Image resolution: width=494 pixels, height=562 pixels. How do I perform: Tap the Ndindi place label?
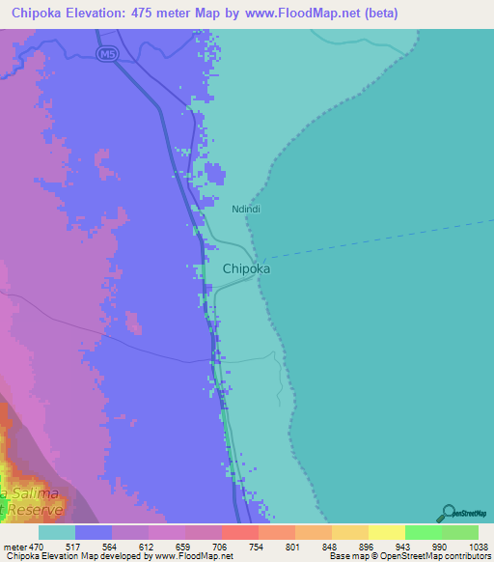point(246,208)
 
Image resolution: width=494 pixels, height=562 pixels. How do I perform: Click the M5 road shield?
point(105,54)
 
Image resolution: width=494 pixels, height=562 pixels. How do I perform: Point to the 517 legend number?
point(74,546)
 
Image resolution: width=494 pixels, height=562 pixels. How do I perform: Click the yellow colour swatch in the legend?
point(386,532)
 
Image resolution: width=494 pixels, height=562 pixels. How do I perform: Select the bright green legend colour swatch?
point(423,532)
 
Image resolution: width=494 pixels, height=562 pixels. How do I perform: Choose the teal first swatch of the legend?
point(56,532)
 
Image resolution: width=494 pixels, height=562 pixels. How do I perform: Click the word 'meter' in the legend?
point(13,546)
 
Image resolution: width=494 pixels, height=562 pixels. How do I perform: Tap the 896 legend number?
point(349,546)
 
